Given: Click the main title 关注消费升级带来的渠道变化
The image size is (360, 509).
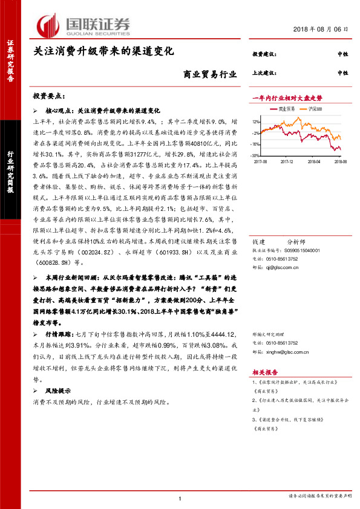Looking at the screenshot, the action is [103, 51].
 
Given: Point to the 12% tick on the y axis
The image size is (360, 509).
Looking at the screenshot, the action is [257, 121].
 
